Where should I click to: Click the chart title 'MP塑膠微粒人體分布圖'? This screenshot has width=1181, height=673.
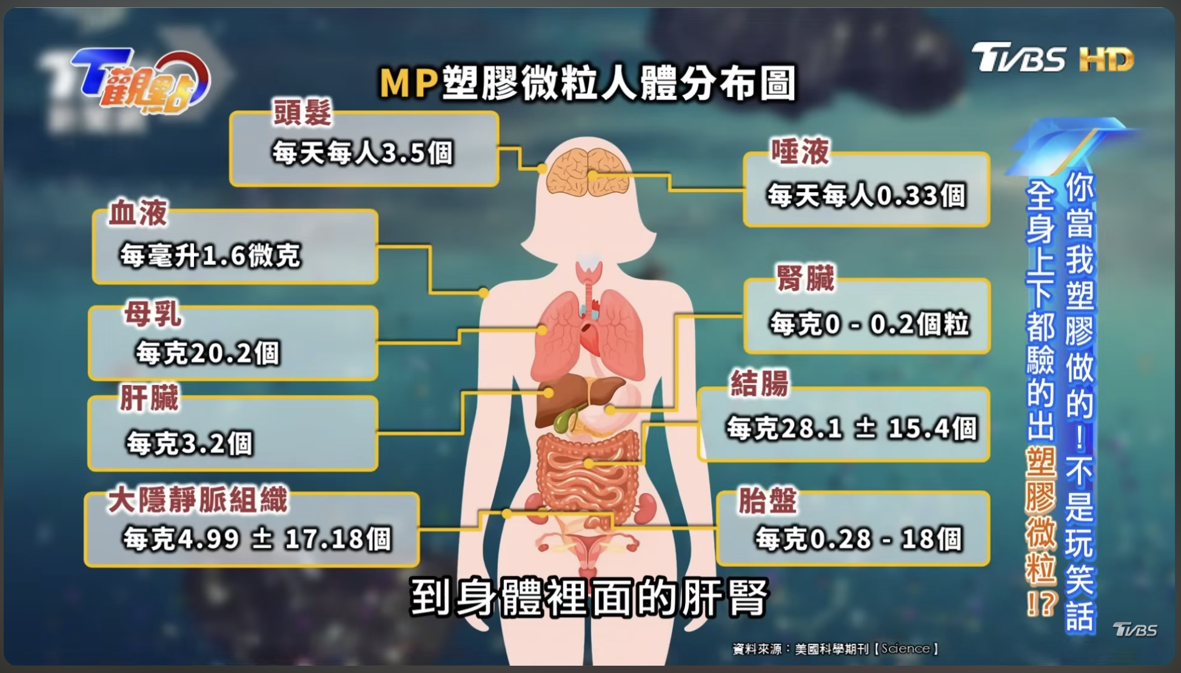pos(587,83)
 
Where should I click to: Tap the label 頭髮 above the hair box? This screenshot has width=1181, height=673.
pos(303,113)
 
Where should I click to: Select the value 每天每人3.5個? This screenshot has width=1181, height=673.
pos(363,152)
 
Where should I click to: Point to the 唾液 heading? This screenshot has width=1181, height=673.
pos(800,151)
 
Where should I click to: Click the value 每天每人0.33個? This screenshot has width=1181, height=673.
pos(866,195)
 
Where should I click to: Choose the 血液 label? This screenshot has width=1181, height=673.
pos(138,213)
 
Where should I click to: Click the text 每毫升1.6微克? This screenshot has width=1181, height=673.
pos(210,255)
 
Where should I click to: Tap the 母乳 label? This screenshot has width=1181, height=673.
pos(153,314)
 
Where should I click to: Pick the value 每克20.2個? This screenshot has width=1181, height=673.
pos(207,352)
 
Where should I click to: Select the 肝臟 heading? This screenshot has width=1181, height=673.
pos(149,398)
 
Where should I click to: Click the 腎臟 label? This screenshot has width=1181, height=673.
pos(806,278)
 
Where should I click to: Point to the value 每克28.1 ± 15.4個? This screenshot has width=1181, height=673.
pos(852,428)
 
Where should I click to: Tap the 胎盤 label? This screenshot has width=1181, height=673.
pos(768,501)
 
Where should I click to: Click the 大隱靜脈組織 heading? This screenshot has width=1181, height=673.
pos(198,500)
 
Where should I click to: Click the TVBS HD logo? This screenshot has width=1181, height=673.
pos(1052,58)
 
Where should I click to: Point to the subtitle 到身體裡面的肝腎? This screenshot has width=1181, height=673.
pos(589,598)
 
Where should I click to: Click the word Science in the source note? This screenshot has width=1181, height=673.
pos(905,648)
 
